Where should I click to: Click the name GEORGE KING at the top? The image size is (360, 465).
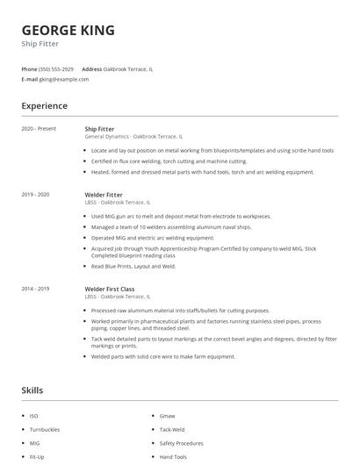(x=68, y=31)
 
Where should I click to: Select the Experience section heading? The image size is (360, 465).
(x=44, y=106)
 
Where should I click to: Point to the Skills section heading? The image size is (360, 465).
(x=32, y=390)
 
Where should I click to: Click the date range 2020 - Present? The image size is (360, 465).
(x=39, y=129)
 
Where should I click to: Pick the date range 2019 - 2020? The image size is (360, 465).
(x=35, y=194)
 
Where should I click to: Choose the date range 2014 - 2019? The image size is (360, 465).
(x=35, y=289)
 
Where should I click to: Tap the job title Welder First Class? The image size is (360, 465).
(x=109, y=289)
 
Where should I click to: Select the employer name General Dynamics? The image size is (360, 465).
(x=106, y=137)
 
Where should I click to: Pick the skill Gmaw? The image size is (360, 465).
(x=167, y=415)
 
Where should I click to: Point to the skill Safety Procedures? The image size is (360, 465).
(x=181, y=443)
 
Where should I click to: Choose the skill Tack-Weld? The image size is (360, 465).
(x=171, y=429)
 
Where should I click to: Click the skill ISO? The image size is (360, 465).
(x=33, y=415)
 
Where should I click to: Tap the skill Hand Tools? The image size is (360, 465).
(x=173, y=457)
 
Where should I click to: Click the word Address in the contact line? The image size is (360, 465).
(x=91, y=68)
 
